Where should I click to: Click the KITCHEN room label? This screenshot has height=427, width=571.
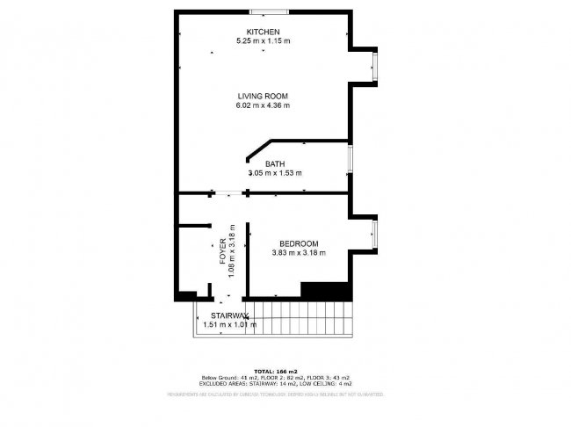coord(263,33)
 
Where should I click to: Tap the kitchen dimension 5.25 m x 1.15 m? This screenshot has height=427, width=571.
coord(263,41)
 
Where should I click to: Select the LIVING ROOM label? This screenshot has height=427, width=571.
coord(263,96)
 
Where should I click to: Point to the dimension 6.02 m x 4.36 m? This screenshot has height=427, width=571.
coord(263,105)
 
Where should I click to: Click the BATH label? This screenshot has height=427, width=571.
coord(276,163)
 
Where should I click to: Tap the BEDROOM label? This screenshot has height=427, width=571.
coord(299,243)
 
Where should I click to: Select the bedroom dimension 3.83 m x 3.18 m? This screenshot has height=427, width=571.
coord(299,253)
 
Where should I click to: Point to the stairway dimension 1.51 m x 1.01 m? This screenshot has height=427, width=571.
coord(230,324)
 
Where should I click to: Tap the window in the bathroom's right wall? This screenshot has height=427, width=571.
coord(351,159)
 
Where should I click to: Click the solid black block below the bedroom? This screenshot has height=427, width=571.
coord(326,290)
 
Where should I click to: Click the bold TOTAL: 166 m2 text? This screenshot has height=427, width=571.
coord(276,372)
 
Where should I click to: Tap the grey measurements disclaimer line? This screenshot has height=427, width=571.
coord(276,394)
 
